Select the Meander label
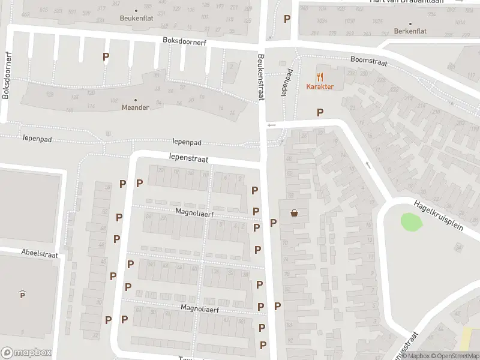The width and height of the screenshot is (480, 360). (136, 108)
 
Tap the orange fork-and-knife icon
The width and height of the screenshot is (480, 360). (320, 77)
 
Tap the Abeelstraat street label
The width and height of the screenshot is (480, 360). (40, 254)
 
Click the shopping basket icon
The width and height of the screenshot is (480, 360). (295, 212)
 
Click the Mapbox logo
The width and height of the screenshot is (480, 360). (26, 353)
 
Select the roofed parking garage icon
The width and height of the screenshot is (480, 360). (22, 293)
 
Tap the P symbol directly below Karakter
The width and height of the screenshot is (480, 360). (320, 112)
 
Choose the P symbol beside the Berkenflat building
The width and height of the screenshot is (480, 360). (287, 19)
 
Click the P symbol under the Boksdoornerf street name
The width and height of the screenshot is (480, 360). (106, 57)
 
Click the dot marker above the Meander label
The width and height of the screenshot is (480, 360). (136, 100)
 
